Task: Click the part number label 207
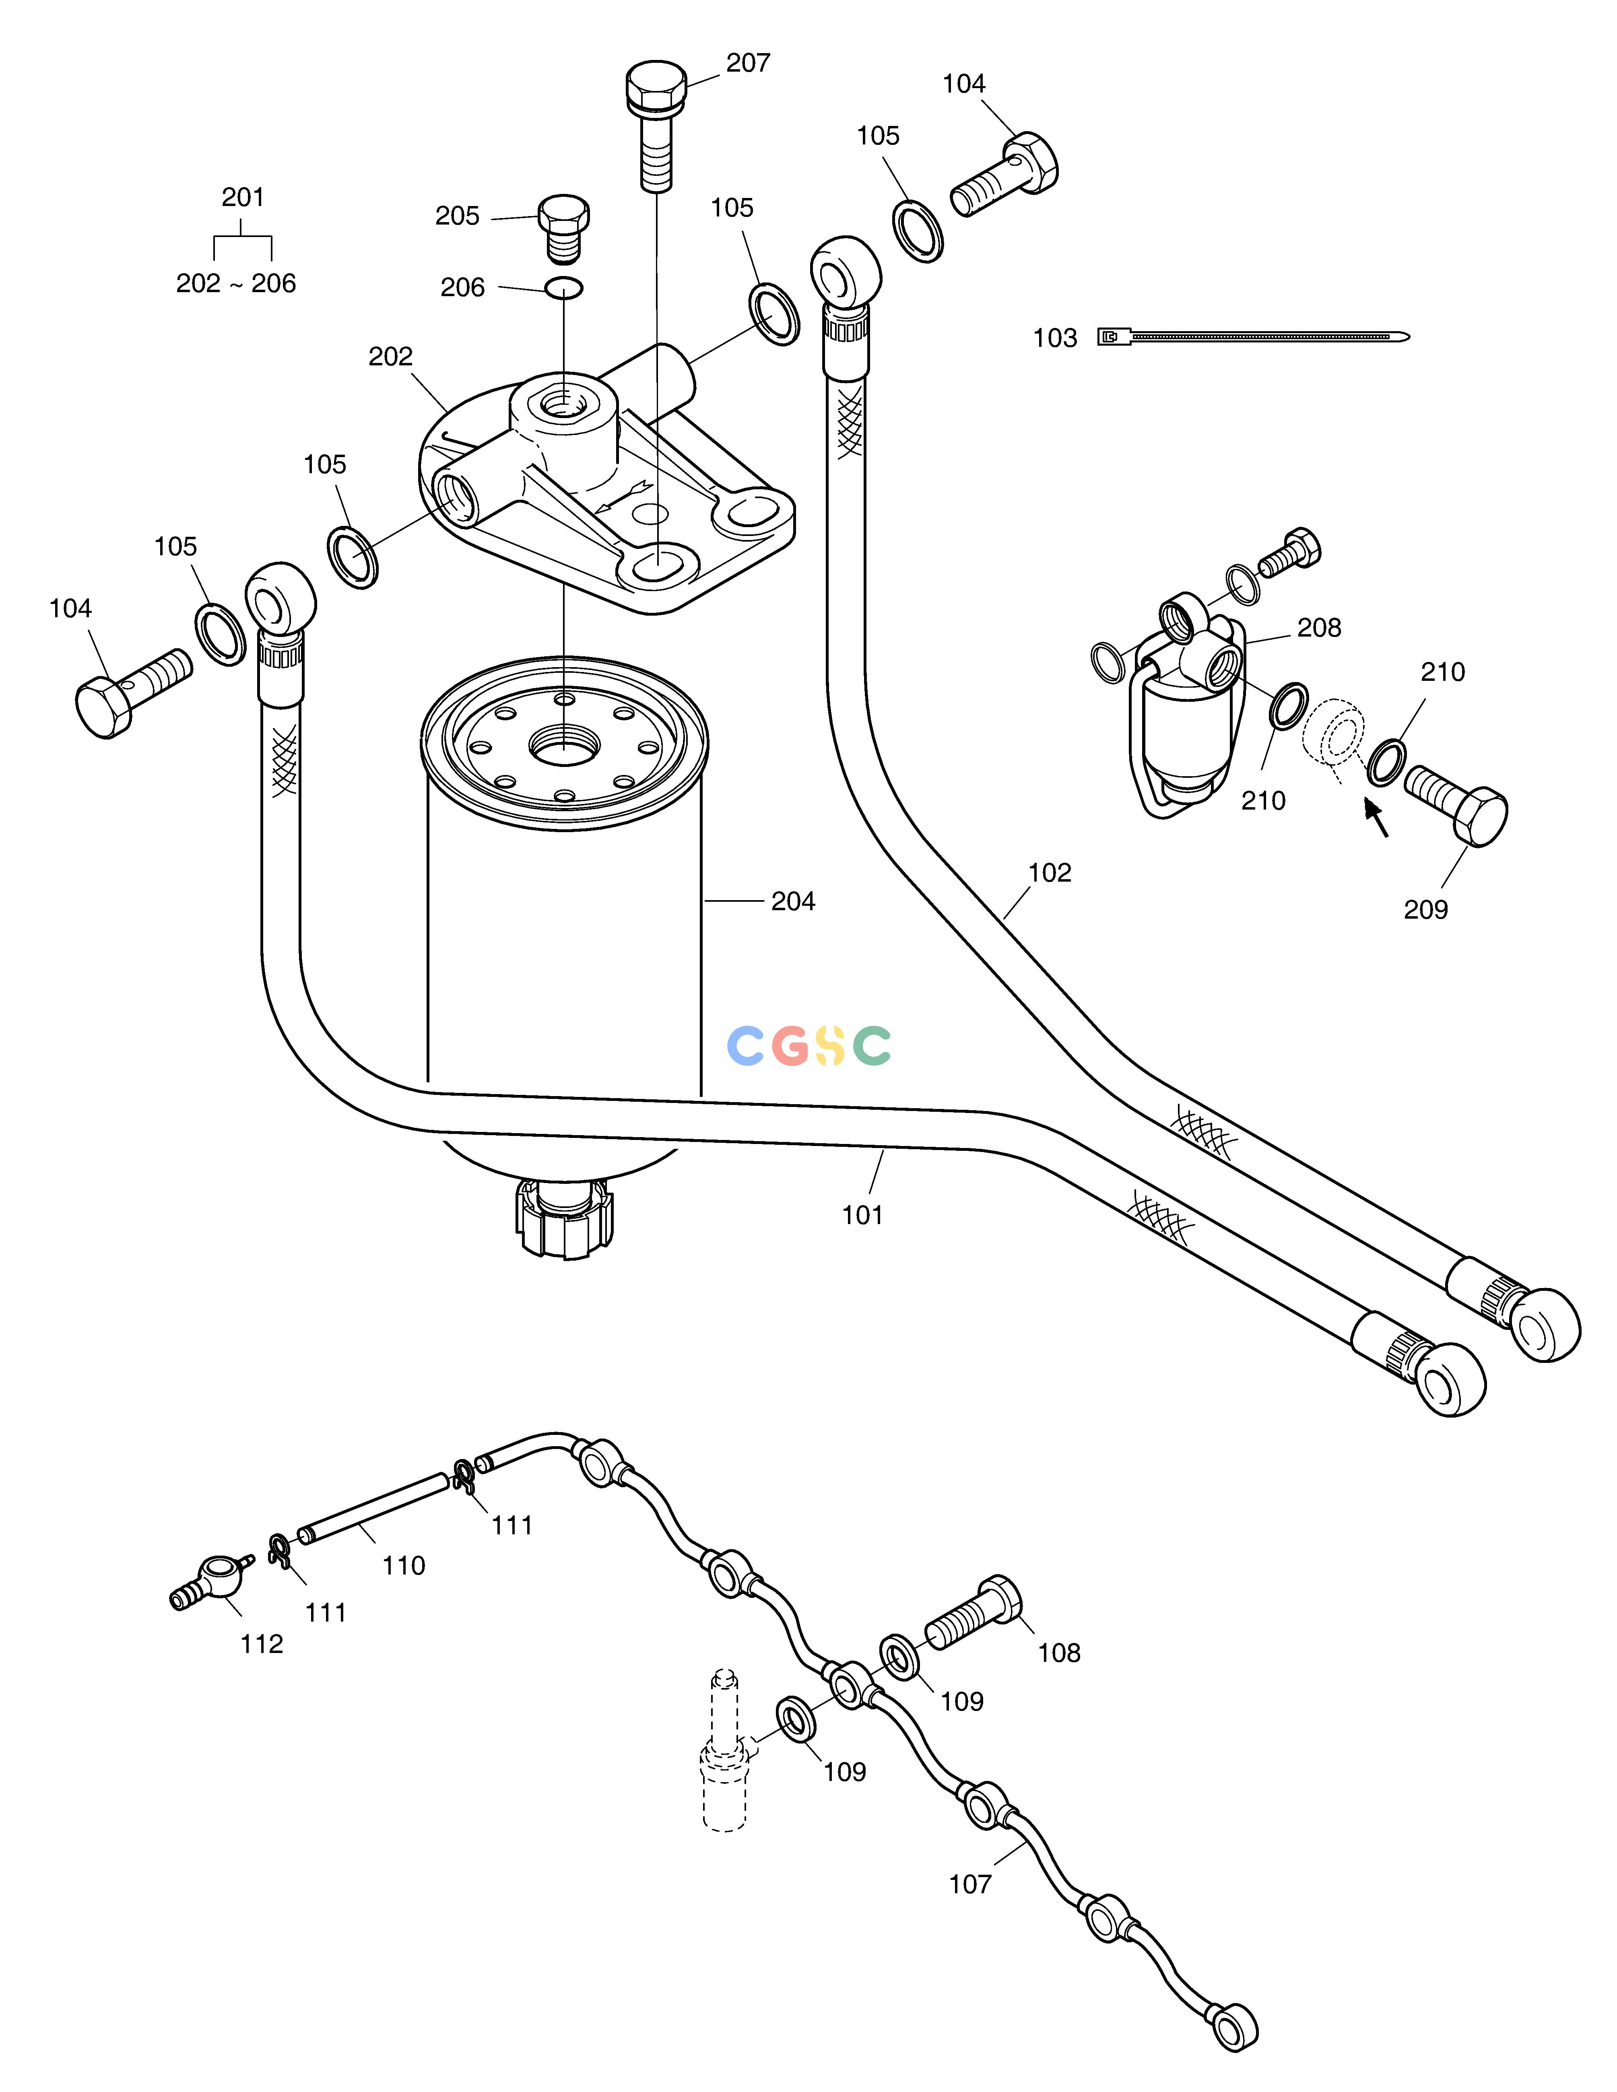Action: coord(748,63)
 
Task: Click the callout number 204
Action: coord(793,901)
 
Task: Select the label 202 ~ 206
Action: coord(236,284)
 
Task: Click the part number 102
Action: coord(1050,873)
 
